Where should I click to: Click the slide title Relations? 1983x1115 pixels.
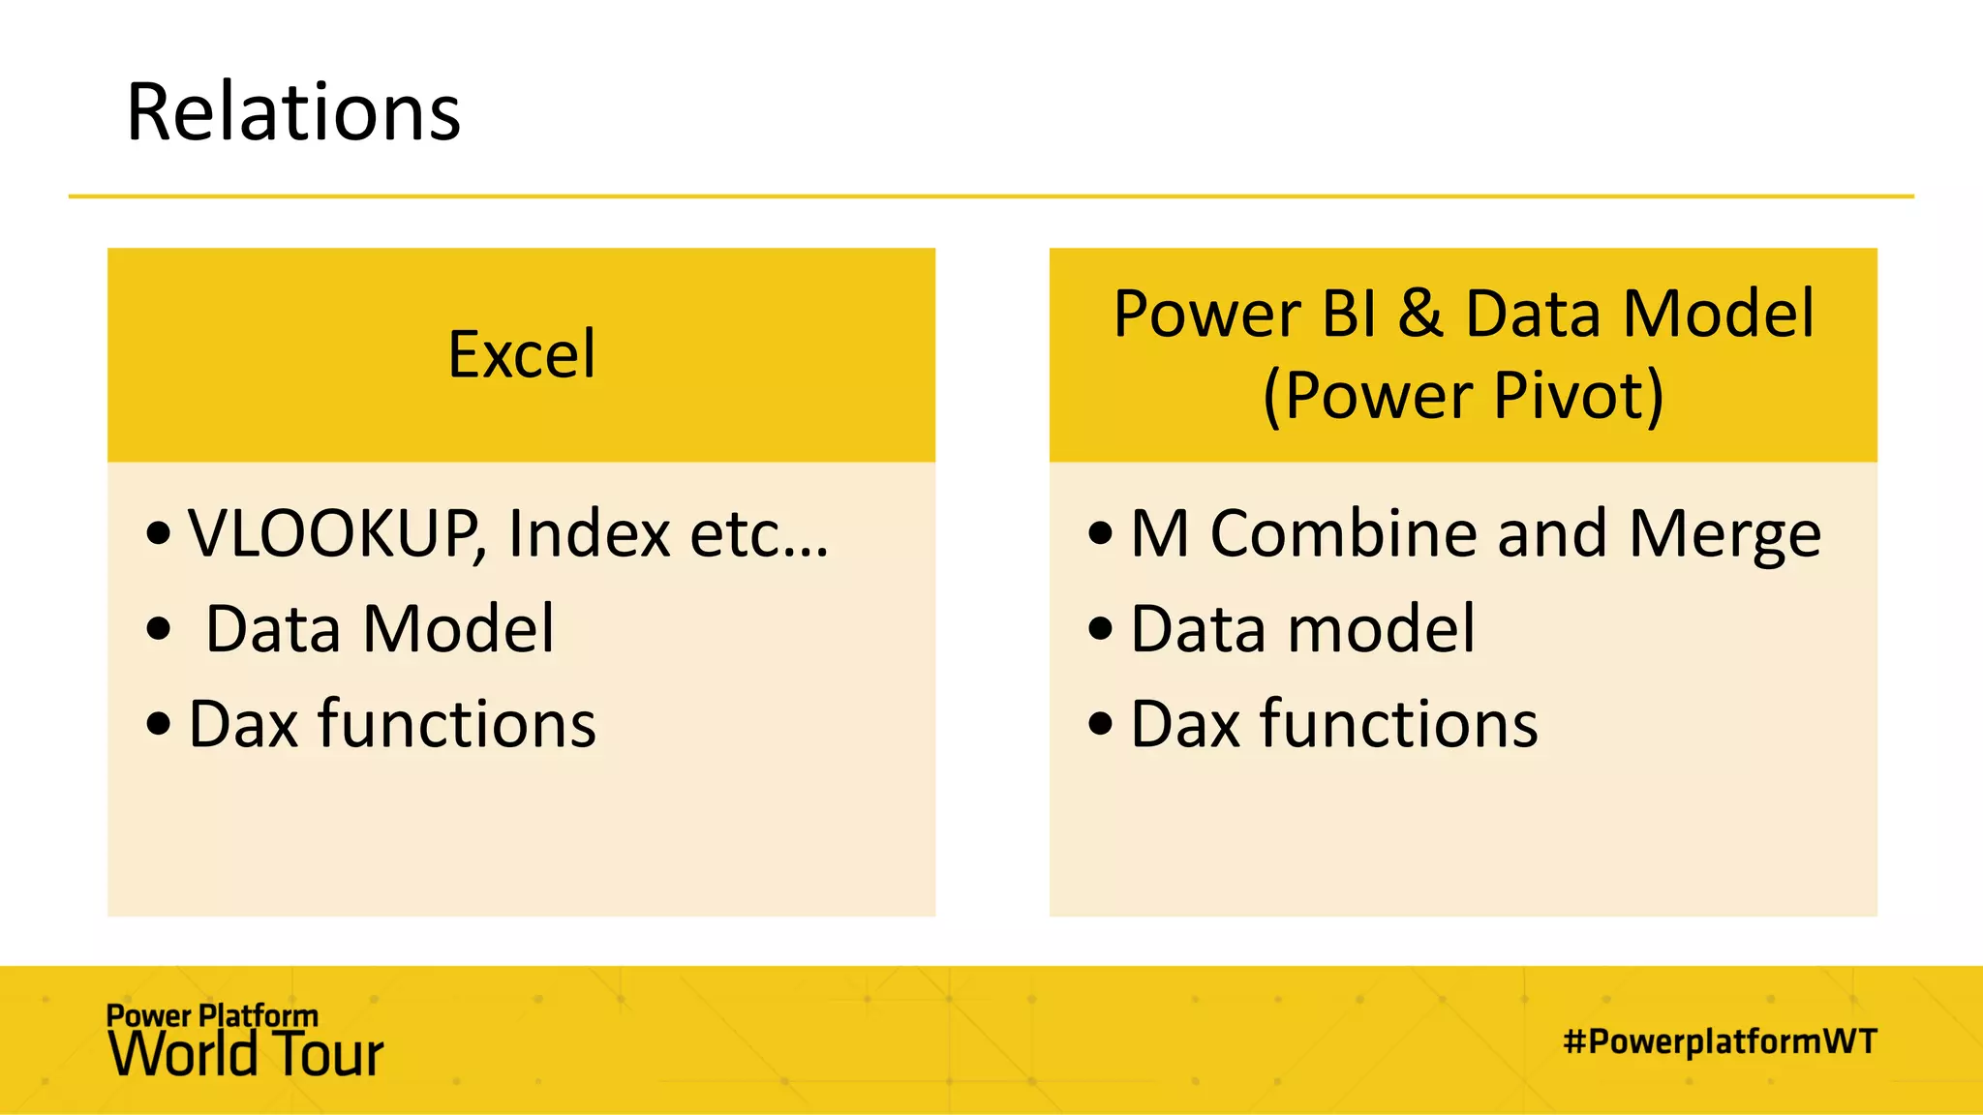point(293,113)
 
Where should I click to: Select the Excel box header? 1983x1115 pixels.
point(522,354)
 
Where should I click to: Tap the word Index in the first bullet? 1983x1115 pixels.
point(589,533)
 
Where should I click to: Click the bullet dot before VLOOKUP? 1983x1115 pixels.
point(159,533)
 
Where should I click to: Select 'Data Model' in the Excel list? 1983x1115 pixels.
point(381,629)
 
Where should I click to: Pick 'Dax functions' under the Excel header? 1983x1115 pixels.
point(392,724)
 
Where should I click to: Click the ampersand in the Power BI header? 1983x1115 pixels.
point(1420,314)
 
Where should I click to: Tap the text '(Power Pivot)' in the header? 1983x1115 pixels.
point(1463,396)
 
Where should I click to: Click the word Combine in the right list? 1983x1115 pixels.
point(1345,533)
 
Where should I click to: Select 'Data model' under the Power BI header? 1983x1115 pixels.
point(1302,629)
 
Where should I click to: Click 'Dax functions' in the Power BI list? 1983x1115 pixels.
point(1334,724)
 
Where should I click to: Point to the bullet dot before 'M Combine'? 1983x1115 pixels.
point(1100,533)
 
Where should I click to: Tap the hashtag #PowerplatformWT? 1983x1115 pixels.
point(1720,1041)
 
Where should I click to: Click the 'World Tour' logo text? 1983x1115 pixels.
point(246,1055)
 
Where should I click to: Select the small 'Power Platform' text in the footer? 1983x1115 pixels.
point(212,1015)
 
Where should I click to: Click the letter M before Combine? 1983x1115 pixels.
point(1160,533)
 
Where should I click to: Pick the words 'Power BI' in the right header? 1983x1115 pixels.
point(1245,314)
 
